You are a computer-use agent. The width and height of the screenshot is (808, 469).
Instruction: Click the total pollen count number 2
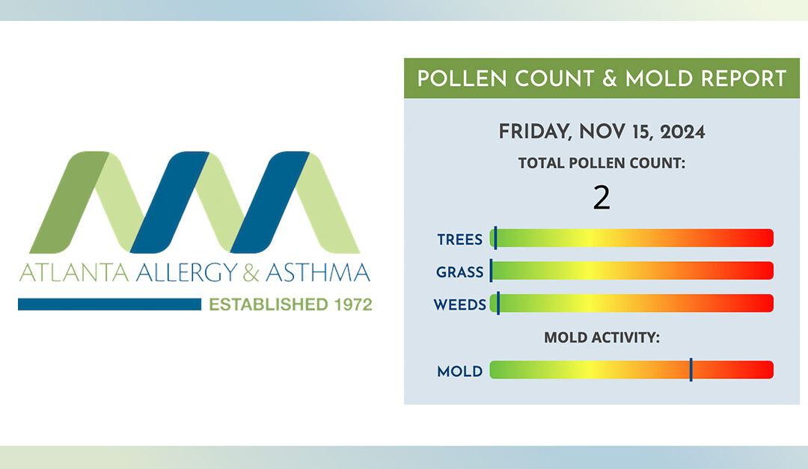[x=602, y=198]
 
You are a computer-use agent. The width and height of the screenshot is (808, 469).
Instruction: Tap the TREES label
[x=459, y=239]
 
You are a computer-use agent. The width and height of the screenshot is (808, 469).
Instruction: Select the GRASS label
[x=459, y=272]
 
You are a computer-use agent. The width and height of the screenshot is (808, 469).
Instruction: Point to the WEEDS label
[x=459, y=304]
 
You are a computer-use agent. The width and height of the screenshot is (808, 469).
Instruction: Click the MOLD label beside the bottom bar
[x=459, y=371]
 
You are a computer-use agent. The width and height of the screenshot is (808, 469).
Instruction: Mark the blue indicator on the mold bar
[x=691, y=370]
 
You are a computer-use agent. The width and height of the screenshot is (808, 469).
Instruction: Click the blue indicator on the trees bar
[x=495, y=238]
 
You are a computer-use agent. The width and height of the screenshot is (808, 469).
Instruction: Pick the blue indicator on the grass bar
[x=491, y=271]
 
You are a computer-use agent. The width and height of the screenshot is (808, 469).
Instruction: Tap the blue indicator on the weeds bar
[x=498, y=303]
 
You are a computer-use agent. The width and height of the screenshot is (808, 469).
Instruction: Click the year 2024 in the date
[x=682, y=132]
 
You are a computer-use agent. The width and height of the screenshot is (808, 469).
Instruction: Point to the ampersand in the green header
[x=610, y=79]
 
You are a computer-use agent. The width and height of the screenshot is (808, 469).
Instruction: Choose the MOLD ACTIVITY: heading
[x=602, y=337]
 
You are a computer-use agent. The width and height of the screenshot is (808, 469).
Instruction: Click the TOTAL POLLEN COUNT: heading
[x=602, y=163]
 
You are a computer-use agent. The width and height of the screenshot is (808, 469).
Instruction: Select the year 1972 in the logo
[x=353, y=304]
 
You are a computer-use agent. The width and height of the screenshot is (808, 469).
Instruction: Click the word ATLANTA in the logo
[x=73, y=272]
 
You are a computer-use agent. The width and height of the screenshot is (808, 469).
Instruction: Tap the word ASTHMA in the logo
[x=318, y=272]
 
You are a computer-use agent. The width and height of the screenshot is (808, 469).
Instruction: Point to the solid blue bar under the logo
[x=109, y=304]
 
